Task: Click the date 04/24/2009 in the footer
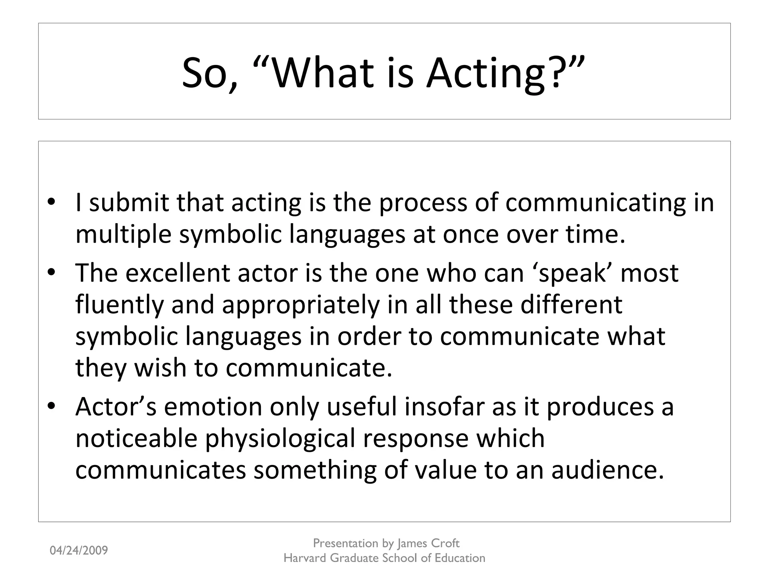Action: point(79,551)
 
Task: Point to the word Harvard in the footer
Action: point(305,558)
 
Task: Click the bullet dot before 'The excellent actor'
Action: point(51,273)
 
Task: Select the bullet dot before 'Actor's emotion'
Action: point(51,407)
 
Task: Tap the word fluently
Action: point(119,305)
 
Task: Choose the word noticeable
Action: point(136,438)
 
